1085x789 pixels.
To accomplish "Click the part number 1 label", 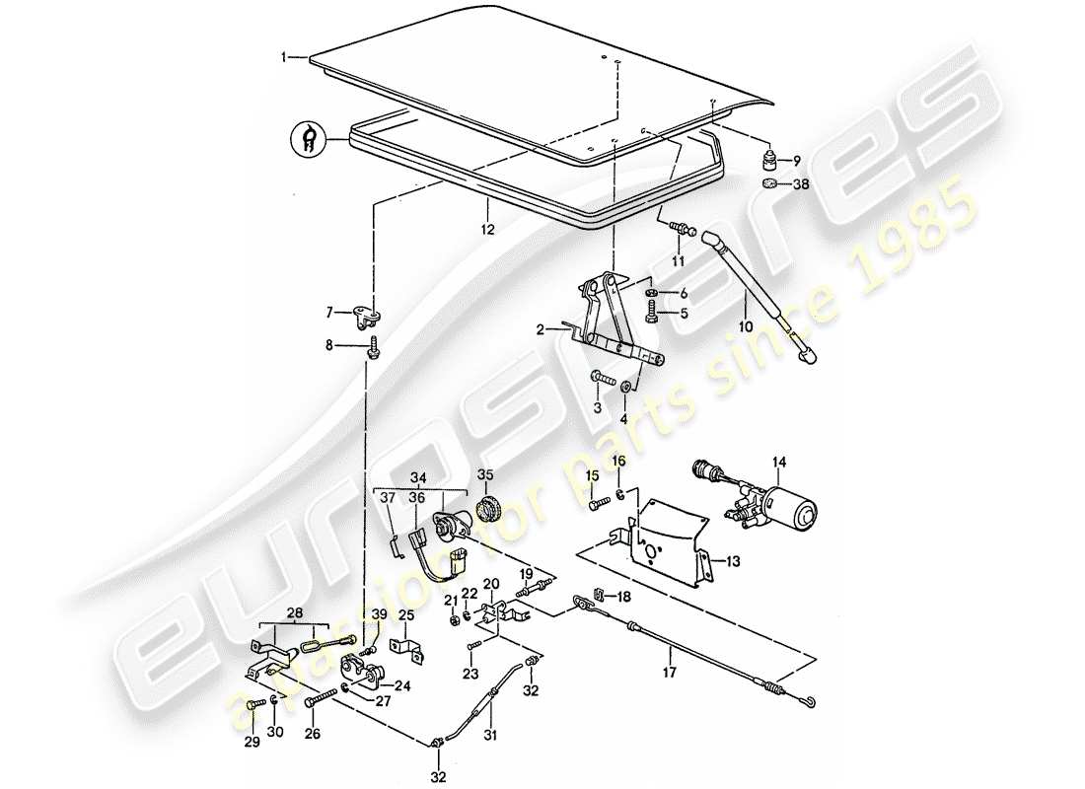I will point(284,58).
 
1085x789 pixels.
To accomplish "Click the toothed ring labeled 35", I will point(485,510).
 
